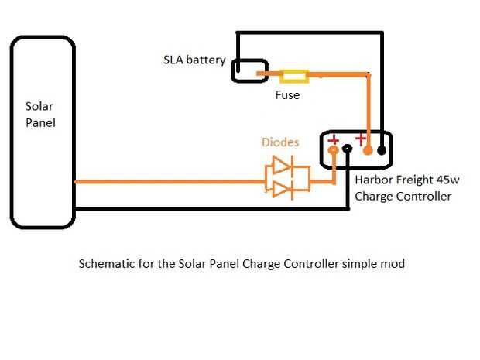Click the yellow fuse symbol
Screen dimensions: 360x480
point(294,76)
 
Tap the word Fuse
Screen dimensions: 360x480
point(287,95)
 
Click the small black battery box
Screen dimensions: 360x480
point(249,70)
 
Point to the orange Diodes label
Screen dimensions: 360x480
point(280,142)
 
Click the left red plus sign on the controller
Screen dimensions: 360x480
point(334,140)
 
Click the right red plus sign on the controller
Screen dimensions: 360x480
point(360,139)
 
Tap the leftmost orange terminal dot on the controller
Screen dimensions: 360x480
point(334,152)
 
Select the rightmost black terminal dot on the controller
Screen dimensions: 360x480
point(382,151)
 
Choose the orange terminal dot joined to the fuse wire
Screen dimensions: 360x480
point(368,151)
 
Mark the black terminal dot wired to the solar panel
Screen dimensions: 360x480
point(348,152)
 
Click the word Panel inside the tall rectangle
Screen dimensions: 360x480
point(39,122)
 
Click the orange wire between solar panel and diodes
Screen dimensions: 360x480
point(170,182)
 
